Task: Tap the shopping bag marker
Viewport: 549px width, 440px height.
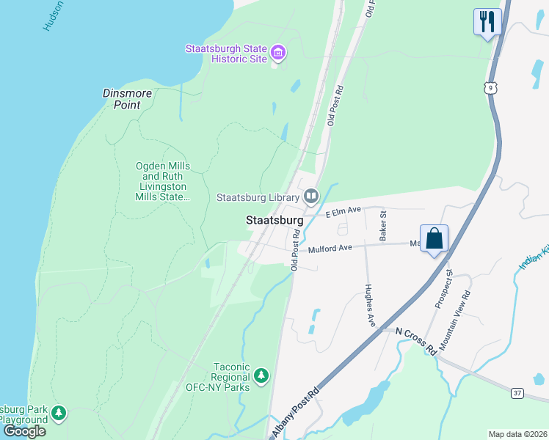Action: coord(434,238)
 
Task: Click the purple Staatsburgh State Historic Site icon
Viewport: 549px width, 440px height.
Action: coord(278,53)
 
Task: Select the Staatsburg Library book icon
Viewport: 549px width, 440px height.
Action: coord(311,197)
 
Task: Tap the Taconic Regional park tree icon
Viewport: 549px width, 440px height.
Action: coord(261,376)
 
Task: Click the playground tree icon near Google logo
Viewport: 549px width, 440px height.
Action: coord(59,414)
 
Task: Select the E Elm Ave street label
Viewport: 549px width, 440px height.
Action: coord(343,211)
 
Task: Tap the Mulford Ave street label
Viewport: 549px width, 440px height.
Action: coord(330,249)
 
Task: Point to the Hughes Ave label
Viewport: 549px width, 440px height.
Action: coord(370,305)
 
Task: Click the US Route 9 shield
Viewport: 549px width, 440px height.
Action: coord(490,87)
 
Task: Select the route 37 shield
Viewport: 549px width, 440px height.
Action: coord(517,393)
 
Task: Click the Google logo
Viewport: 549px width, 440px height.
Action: coord(24,430)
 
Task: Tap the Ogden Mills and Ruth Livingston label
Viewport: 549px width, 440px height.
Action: coord(163,181)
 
